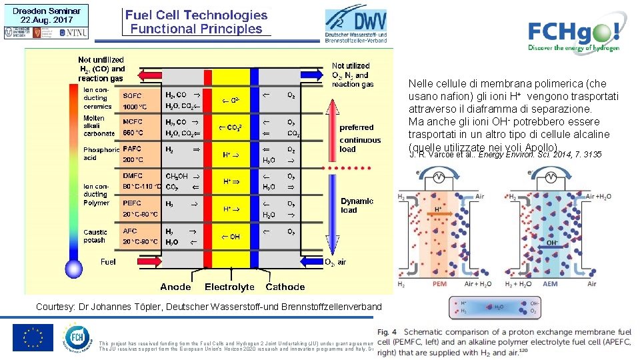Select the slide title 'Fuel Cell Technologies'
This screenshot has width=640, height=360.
pyautogui.click(x=196, y=15)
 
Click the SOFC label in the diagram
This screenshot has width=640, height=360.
pyautogui.click(x=132, y=96)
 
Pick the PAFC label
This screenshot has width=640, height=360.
pyautogui.click(x=132, y=149)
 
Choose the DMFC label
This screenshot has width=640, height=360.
pyautogui.click(x=132, y=176)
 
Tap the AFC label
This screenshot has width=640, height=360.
pyautogui.click(x=130, y=231)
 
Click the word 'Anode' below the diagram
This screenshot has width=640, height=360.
pyautogui.click(x=175, y=287)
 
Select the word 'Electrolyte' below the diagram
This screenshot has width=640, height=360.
pyautogui.click(x=229, y=287)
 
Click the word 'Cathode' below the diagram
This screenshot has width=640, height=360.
pyautogui.click(x=285, y=287)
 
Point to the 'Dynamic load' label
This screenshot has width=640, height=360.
pyautogui.click(x=357, y=205)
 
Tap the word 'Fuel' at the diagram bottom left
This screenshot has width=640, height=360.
pyautogui.click(x=108, y=262)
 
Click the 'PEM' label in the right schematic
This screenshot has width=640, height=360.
pyautogui.click(x=439, y=283)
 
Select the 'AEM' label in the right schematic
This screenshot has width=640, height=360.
pyautogui.click(x=551, y=283)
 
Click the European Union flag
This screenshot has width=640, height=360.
pyautogui.click(x=32, y=337)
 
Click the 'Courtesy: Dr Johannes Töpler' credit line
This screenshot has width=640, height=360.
pyautogui.click(x=209, y=307)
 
